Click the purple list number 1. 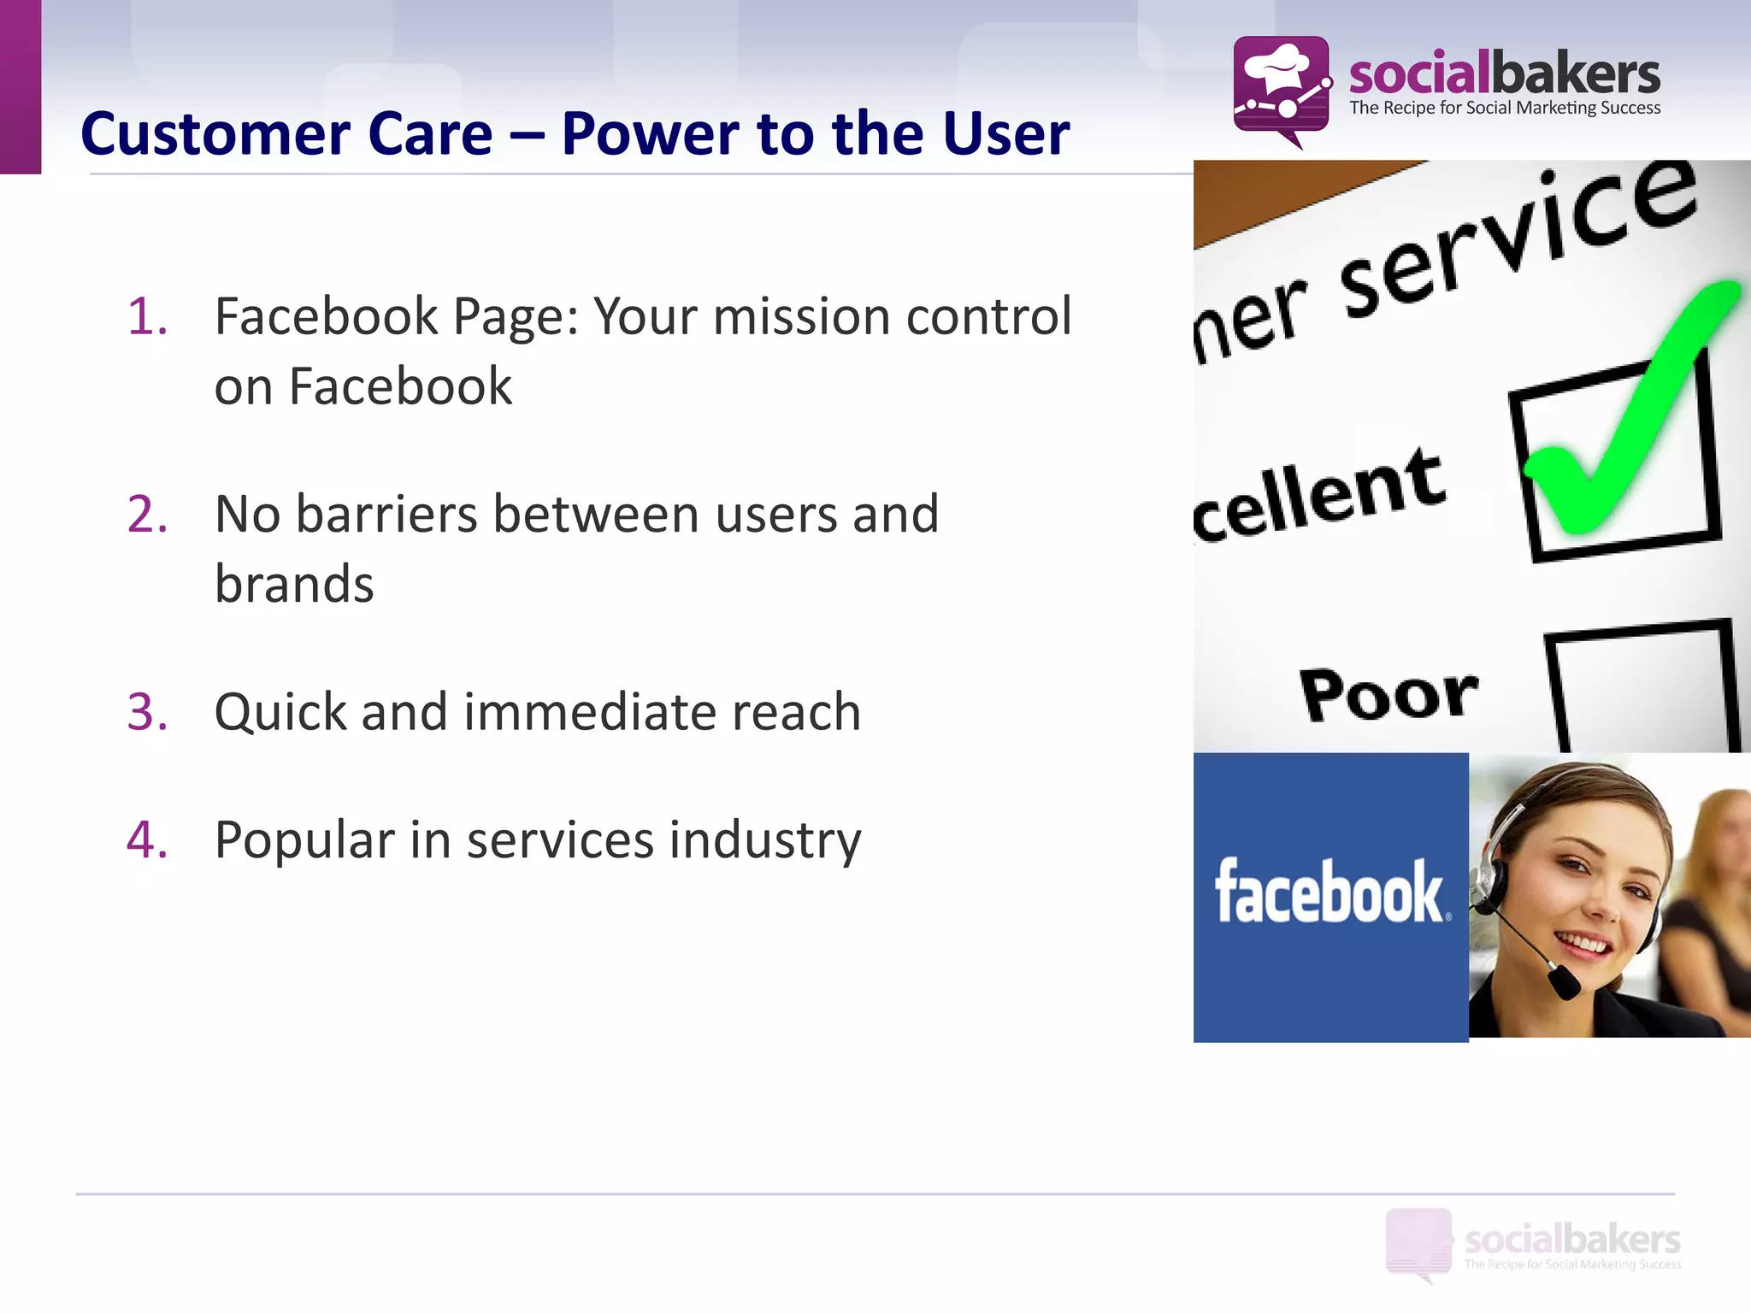click(x=146, y=316)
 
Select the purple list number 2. click(x=147, y=515)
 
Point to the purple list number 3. click(x=147, y=712)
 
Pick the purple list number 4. click(x=147, y=839)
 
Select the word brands click(x=294, y=585)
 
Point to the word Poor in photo click(x=1388, y=694)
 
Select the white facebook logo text click(x=1330, y=892)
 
